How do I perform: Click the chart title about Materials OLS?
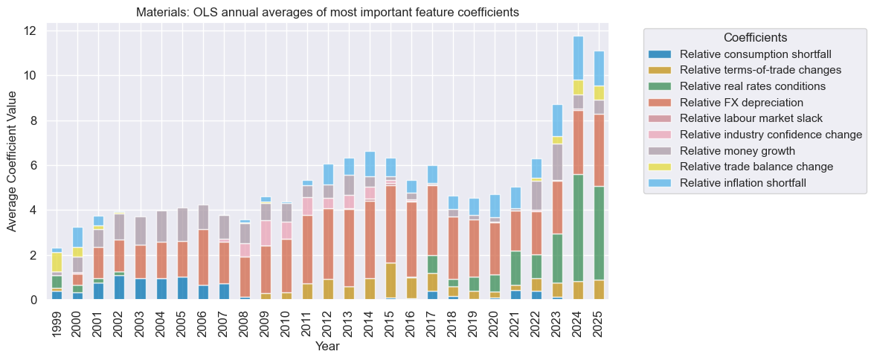[327, 13]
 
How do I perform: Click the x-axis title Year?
[327, 347]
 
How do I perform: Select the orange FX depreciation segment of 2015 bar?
[391, 224]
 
